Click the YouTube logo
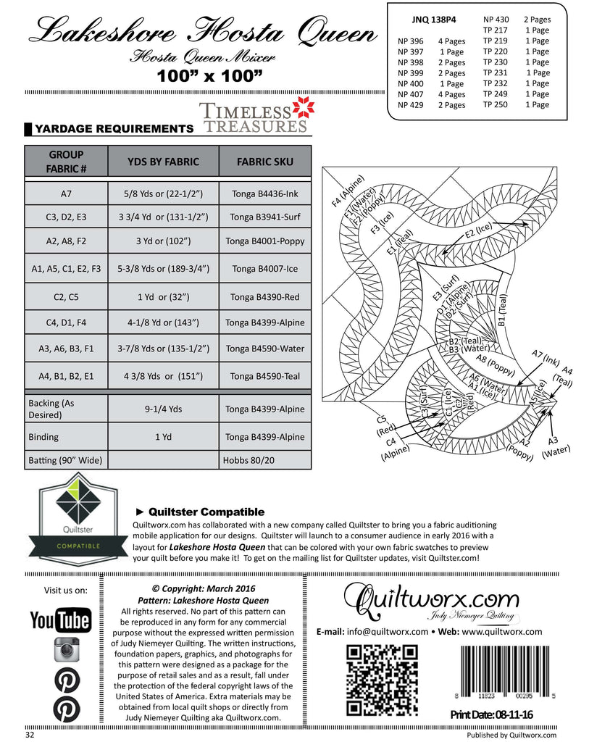60,620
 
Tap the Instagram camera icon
66,650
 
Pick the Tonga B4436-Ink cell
264,193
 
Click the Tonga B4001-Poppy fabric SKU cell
264,241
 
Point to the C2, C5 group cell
66,296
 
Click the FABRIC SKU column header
264,161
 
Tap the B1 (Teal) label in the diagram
503,311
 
